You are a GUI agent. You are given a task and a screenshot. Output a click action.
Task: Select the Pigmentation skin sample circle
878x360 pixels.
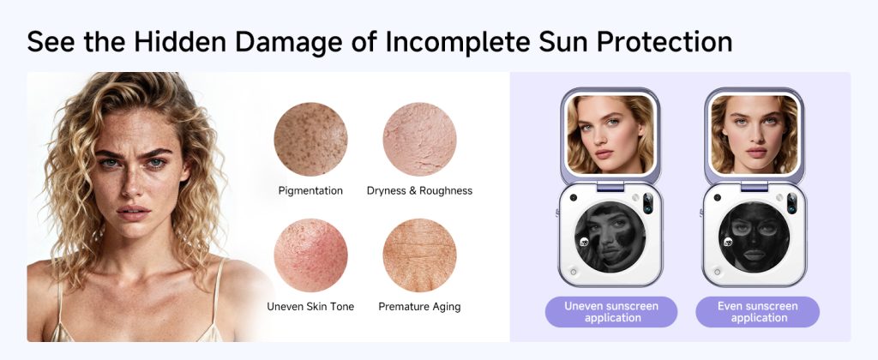(310, 140)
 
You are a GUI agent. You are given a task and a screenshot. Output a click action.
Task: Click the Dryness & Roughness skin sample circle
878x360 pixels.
(419, 140)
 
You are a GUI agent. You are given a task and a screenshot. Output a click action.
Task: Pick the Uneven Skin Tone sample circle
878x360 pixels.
(310, 255)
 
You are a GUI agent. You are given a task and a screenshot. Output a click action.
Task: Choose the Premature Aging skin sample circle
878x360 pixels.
(419, 255)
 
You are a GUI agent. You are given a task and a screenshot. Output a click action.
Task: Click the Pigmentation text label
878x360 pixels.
(310, 191)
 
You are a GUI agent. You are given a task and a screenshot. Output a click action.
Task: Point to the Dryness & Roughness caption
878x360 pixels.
(419, 191)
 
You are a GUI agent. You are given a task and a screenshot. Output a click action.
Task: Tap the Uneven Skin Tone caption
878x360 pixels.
(310, 307)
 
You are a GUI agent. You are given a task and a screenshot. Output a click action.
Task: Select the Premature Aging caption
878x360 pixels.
(419, 307)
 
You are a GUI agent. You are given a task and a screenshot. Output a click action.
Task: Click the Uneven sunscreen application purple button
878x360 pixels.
(611, 312)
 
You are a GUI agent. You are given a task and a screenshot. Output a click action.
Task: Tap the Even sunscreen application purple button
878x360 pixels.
(758, 312)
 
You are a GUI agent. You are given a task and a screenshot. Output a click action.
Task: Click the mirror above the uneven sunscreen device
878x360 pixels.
(610, 135)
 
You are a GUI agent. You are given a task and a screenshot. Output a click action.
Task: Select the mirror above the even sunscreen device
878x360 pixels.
(755, 135)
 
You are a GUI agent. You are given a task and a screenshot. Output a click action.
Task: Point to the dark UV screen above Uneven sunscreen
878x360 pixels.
(610, 237)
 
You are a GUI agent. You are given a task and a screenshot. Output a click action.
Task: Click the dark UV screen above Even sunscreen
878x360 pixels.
(755, 237)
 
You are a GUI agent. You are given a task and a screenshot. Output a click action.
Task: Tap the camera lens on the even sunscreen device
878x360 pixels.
(792, 203)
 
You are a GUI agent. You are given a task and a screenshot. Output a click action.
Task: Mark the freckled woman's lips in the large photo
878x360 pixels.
(133, 213)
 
